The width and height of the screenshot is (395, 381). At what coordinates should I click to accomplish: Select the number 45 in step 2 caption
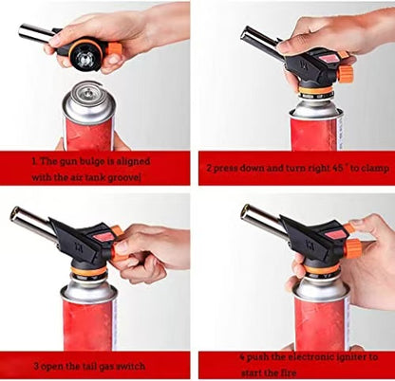click(338, 168)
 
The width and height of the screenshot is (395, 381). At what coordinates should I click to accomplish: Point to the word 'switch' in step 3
click(132, 367)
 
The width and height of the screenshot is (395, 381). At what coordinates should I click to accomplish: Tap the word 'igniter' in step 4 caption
click(348, 357)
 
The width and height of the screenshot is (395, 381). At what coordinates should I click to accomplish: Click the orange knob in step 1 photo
click(114, 49)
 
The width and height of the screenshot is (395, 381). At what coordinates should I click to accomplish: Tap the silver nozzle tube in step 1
click(36, 32)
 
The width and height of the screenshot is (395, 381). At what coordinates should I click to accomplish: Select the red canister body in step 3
click(88, 324)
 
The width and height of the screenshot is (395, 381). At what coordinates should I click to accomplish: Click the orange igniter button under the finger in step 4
click(348, 227)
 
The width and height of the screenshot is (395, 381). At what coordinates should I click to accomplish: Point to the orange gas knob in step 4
click(353, 248)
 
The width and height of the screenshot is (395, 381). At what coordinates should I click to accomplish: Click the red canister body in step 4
click(321, 323)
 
